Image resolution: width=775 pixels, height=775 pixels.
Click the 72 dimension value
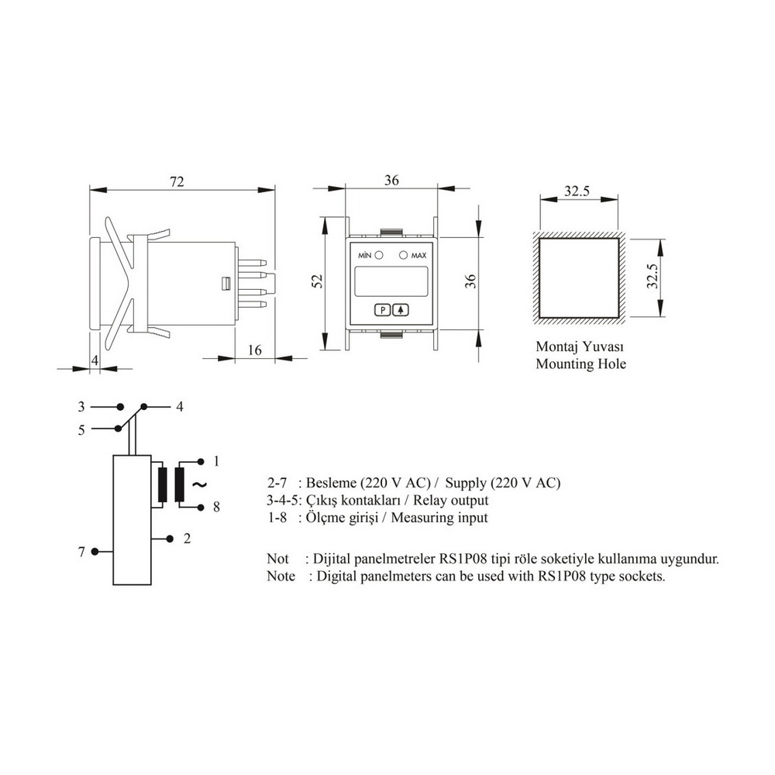click(x=177, y=182)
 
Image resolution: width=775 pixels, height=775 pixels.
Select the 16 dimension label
click(x=254, y=350)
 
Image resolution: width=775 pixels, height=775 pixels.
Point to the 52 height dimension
click(x=317, y=281)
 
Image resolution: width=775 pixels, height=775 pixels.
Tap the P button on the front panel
click(x=383, y=310)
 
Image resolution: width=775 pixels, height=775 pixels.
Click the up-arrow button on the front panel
click(x=401, y=310)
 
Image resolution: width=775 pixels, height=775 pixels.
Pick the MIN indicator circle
click(x=379, y=255)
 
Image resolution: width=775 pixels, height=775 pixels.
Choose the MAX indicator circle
click(x=403, y=255)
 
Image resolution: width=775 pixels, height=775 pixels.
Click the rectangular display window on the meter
click(x=391, y=281)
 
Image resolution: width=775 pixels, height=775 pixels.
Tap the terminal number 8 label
click(x=216, y=507)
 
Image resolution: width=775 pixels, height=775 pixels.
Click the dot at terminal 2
click(x=170, y=539)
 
